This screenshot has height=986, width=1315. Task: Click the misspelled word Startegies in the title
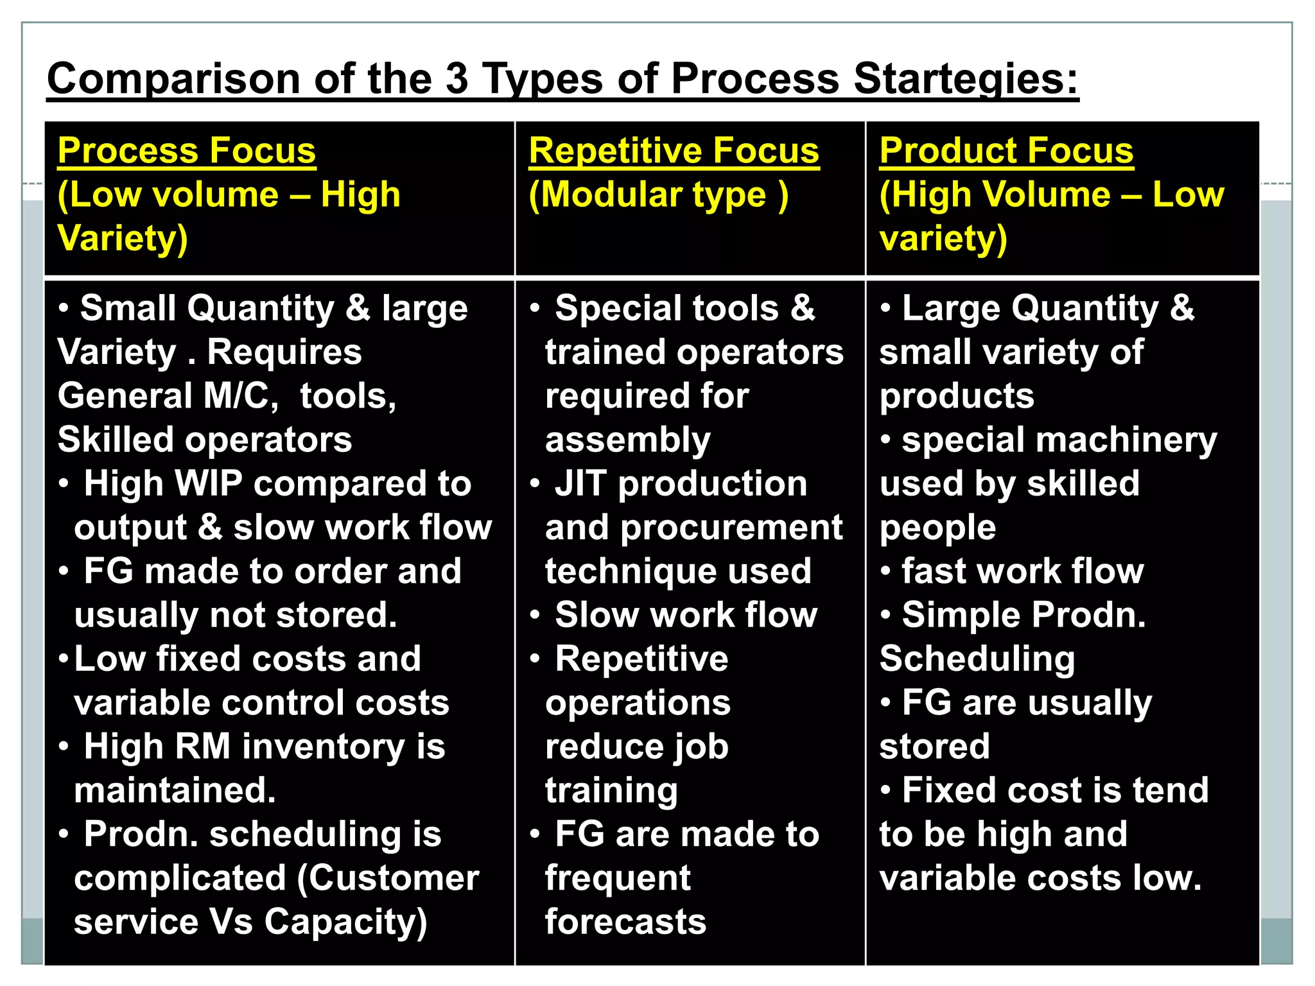966,80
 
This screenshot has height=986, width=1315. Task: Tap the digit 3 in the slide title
457,80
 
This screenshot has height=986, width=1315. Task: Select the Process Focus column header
187,151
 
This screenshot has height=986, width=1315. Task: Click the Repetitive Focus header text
674,151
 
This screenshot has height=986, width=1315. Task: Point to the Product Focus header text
1006,151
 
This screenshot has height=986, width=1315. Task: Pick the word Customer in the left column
388,878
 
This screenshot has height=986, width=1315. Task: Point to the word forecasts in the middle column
625,922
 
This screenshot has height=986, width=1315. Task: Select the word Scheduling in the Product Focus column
977,659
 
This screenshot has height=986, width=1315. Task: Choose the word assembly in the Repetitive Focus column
627,440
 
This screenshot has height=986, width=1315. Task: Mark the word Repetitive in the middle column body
641,659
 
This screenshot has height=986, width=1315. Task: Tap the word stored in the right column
934,747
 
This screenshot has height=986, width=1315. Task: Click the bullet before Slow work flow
535,615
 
